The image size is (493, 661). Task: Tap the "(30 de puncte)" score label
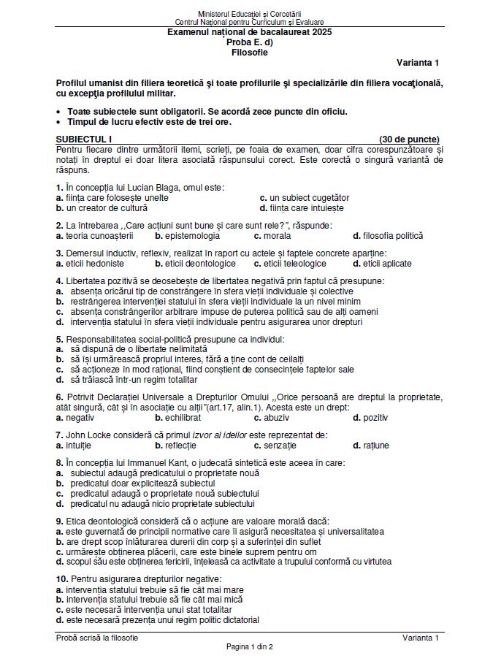[x=409, y=139]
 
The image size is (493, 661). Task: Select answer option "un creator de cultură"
[x=107, y=207]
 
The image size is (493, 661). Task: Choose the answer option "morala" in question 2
[x=277, y=236]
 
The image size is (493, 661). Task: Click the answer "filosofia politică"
[x=392, y=236]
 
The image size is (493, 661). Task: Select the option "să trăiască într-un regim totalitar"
[x=142, y=380]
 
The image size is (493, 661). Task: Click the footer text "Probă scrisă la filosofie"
[x=97, y=638]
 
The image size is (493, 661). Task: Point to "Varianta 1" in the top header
[x=419, y=63]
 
